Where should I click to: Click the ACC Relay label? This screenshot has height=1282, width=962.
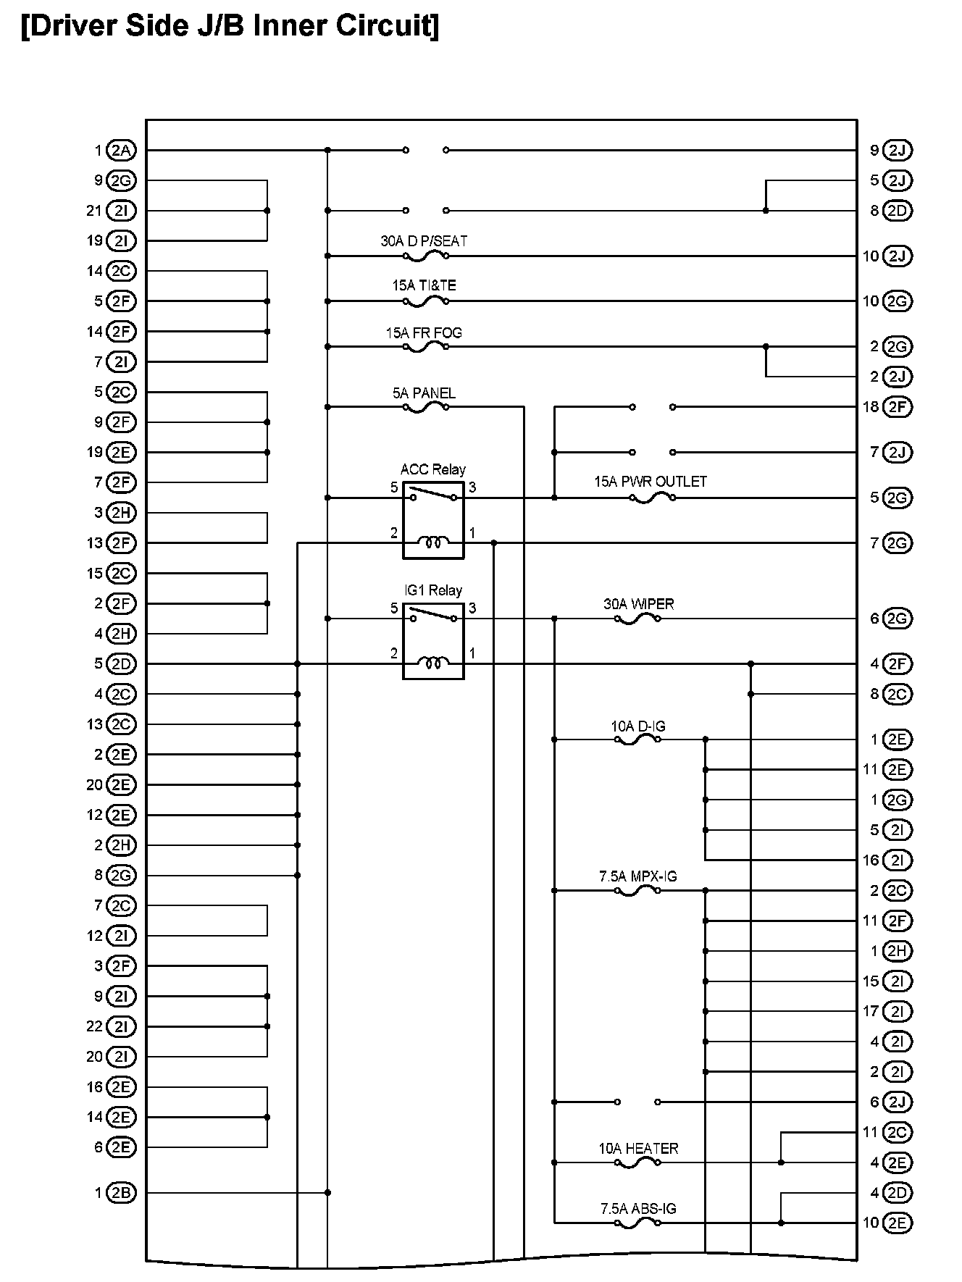(432, 469)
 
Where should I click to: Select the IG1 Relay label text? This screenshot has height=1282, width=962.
(432, 590)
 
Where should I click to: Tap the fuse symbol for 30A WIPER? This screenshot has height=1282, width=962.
(637, 619)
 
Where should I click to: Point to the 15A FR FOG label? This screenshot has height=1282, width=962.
(424, 333)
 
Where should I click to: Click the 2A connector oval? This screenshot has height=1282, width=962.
(121, 151)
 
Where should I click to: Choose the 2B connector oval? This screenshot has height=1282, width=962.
(121, 1193)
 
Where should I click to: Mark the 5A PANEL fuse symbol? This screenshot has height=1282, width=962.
(425, 408)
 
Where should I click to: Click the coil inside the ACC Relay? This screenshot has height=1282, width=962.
(433, 542)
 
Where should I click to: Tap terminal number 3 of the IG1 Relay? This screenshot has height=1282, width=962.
(472, 608)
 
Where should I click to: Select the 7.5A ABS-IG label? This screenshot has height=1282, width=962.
(638, 1209)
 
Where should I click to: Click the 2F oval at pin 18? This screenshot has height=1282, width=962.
(898, 407)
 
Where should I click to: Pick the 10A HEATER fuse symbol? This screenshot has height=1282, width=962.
(637, 1163)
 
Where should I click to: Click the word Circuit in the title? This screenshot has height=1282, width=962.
(386, 27)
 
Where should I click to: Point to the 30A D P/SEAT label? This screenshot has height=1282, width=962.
(424, 241)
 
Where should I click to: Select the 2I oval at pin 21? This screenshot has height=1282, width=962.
(121, 211)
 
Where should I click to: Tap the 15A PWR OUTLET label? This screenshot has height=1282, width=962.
(651, 482)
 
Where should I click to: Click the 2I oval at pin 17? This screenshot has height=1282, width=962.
(898, 1012)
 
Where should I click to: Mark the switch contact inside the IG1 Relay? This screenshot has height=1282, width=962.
(433, 616)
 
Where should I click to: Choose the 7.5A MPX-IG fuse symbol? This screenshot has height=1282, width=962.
(637, 891)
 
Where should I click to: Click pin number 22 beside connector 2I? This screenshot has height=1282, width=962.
(95, 1027)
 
